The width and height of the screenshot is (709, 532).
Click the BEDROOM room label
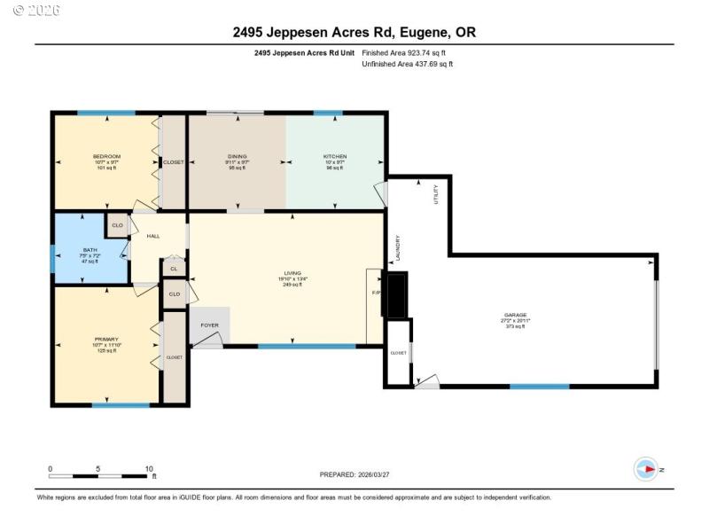(105, 157)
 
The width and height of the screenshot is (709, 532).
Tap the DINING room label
(237, 157)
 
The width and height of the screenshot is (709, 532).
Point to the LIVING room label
(292, 273)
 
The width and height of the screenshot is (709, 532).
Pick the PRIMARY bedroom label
(105, 340)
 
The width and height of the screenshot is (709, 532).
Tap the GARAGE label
(516, 315)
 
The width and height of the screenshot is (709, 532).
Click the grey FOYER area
(210, 325)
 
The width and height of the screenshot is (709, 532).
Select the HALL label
(153, 236)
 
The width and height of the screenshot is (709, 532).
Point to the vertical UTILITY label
(435, 194)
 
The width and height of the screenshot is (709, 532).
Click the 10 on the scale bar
(150, 468)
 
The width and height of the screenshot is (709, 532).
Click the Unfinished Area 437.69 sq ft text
(407, 65)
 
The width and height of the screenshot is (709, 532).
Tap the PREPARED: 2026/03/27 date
(354, 475)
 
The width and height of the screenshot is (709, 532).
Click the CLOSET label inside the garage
(398, 353)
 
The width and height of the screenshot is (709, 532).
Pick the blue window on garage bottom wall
(539, 386)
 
